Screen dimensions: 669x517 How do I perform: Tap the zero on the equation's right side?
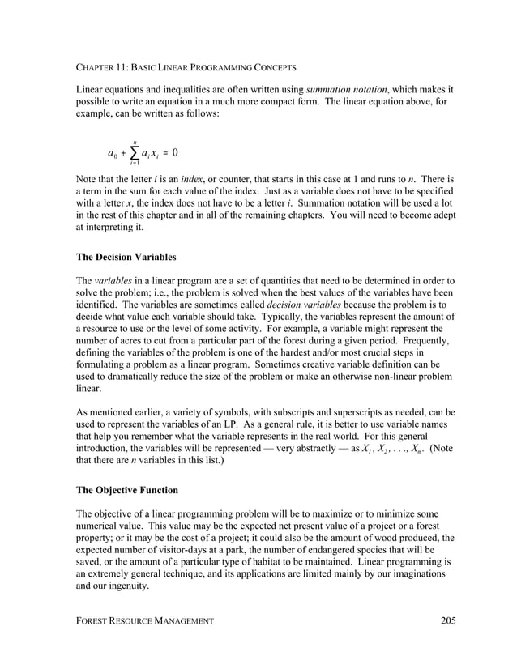click(x=175, y=152)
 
